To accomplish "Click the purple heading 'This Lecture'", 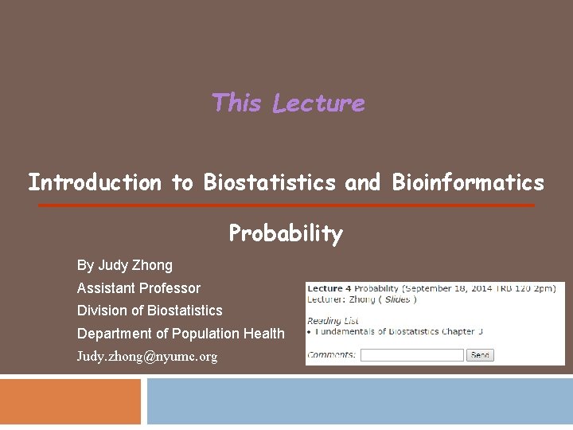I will click(288, 104).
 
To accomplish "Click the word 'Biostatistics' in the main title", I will click(270, 183).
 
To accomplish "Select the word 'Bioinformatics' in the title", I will click(468, 183).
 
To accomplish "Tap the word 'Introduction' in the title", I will click(95, 183).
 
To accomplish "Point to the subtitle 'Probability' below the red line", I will click(286, 233).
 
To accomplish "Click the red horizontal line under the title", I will click(286, 205).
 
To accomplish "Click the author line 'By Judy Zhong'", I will click(124, 265).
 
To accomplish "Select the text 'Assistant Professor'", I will click(138, 288).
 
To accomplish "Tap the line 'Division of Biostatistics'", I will click(150, 311).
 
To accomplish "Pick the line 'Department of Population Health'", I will click(181, 334).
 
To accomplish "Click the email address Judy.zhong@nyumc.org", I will click(146, 357).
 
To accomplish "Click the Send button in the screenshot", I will click(480, 355).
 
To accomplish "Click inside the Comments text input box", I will click(411, 355).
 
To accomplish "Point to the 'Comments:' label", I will click(331, 355).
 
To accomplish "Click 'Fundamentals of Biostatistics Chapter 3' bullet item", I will click(399, 332).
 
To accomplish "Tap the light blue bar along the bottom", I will click(360, 402).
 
